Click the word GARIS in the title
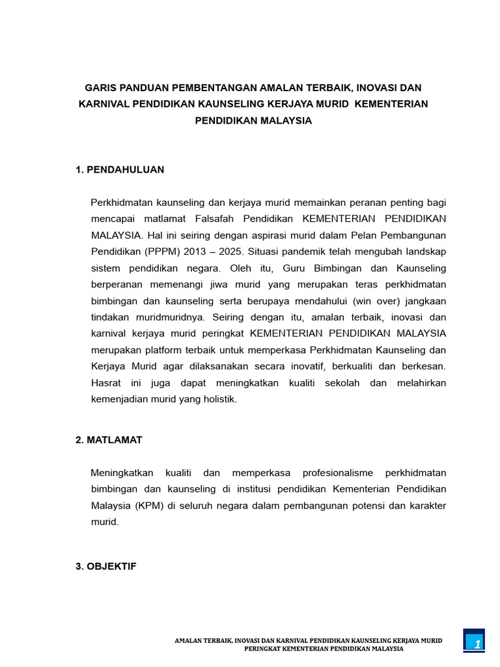[x=102, y=87]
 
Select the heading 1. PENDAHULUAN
[x=120, y=169]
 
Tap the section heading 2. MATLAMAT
[x=109, y=440]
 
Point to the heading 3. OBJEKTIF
[x=106, y=566]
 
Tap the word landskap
[x=425, y=251]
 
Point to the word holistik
[x=215, y=399]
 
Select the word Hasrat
[x=105, y=383]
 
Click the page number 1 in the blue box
[x=477, y=644]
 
